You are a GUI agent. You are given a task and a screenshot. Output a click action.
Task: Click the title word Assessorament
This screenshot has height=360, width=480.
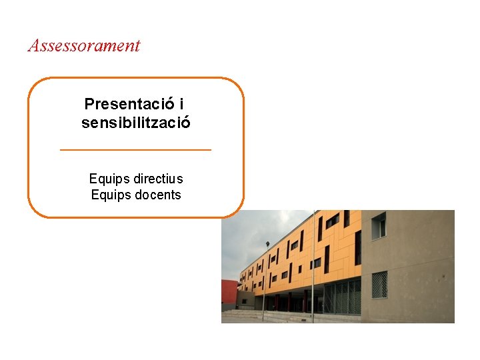pos(84,45)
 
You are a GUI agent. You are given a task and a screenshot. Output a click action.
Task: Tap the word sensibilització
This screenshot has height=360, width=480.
pos(136,123)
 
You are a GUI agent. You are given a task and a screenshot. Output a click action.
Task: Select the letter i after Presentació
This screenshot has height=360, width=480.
pos(183,105)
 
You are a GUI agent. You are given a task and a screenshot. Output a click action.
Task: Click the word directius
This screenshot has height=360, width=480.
pos(158,179)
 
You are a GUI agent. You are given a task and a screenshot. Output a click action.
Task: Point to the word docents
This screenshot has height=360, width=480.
pos(158,195)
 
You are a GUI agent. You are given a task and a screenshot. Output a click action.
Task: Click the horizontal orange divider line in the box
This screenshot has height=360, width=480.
pos(135,150)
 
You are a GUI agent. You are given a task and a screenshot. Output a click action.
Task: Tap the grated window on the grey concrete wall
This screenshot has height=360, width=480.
pos(379,285)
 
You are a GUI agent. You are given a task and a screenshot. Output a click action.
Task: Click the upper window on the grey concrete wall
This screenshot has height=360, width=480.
pos(379,226)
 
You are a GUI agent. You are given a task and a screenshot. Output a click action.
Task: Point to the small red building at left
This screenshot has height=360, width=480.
pos(229,293)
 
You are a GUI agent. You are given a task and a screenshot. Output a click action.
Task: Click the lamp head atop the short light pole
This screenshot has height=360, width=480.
pos(267,245)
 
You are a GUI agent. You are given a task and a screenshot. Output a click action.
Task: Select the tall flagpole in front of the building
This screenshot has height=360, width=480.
pos(313,267)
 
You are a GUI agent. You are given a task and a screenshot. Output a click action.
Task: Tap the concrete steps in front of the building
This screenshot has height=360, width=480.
pos(267,316)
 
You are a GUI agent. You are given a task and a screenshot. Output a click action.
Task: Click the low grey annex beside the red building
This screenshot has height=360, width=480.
pos(245,299)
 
